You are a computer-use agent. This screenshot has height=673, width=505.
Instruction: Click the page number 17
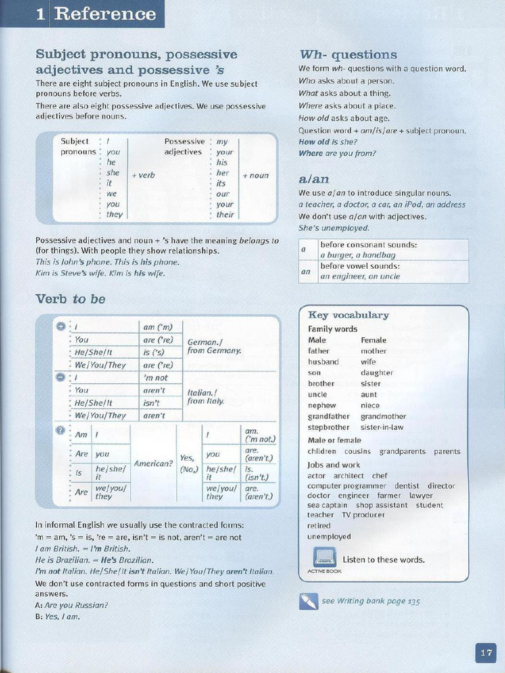pos(486,653)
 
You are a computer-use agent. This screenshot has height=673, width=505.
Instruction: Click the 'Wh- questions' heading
pos(348,55)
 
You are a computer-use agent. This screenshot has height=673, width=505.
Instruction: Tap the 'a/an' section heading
pos(314,179)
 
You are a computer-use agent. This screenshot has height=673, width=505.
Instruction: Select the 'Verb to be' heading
pos(70,299)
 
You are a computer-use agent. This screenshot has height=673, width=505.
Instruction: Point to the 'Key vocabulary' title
pos(348,315)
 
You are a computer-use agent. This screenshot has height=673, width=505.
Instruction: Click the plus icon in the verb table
pos(60,327)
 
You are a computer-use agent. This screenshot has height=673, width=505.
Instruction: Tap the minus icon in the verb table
pos(60,377)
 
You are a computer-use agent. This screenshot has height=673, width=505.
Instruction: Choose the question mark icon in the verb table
pos(60,430)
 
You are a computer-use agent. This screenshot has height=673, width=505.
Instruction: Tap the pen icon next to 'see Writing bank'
pos(308,601)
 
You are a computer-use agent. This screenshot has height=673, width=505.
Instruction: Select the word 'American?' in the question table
pos(153,463)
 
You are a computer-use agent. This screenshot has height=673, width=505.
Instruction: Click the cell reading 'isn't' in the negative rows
pos(152,402)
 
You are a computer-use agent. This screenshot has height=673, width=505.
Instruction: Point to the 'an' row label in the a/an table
pos(305,271)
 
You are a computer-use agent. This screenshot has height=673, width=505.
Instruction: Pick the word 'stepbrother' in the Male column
pos(329,427)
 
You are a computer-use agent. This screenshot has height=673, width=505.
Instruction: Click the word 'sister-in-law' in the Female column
pos(382,427)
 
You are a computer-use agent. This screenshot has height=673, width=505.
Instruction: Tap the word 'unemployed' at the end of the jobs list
pos(329,536)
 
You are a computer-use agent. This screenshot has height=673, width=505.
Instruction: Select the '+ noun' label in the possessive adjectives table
pos(255,175)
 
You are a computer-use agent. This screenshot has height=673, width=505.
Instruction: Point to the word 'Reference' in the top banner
pos(105,14)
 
